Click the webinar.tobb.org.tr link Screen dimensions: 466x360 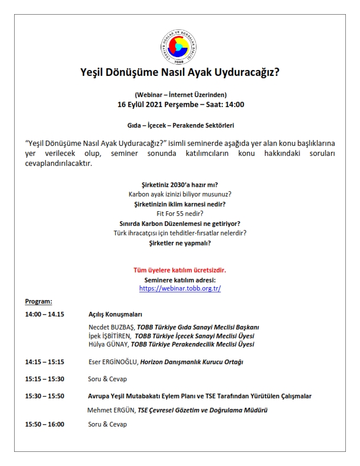click(180, 289)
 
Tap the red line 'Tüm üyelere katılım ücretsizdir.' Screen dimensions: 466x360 click(180, 270)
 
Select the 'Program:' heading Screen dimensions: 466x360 click(38, 302)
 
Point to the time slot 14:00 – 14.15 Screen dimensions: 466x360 click(45, 314)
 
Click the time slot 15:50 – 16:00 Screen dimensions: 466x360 click(45, 424)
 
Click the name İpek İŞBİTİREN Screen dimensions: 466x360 click(109, 335)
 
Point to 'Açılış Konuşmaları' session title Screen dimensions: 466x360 click(115, 314)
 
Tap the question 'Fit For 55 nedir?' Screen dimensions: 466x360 click(180, 214)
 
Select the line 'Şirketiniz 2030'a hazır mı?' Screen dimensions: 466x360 click(180, 184)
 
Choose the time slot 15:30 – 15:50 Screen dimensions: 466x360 click(45, 396)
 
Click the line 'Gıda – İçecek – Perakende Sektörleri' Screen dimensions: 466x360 click(180, 126)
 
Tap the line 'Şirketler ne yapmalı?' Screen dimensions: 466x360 click(180, 242)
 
